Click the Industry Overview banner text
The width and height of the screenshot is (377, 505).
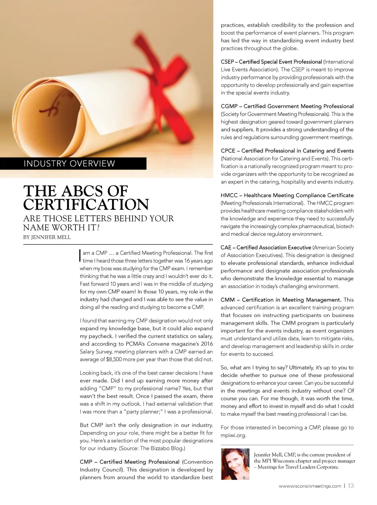point(69,164)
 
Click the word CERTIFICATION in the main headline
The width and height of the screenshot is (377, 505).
point(86,205)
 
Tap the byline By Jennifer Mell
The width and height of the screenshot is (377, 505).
point(47,237)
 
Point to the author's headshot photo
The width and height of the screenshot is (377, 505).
point(235,464)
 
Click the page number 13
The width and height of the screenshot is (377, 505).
point(351,486)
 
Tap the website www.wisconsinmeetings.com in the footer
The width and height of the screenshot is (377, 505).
point(310,486)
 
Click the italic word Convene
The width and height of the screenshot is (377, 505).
point(158,344)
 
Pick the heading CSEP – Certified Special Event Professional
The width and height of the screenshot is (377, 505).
point(271,62)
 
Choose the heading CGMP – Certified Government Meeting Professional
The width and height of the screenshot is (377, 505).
point(287,106)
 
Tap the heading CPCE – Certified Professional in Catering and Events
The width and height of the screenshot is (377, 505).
point(287,151)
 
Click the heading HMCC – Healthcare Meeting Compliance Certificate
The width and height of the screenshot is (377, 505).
point(287,195)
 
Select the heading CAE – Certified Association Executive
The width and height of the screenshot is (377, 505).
point(266,248)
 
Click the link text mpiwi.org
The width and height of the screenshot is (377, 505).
point(233,435)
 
